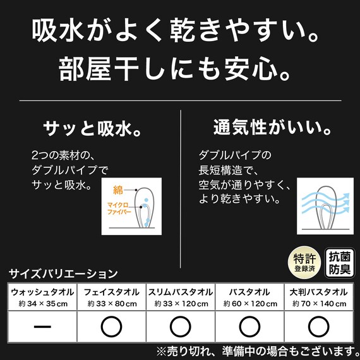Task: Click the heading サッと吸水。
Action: pos(91,129)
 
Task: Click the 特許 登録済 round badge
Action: pos(302,261)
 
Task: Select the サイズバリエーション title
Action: pos(63,273)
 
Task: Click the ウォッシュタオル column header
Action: pos(42,292)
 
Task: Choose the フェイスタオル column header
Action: pos(112,292)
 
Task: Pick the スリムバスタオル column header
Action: pos(181,292)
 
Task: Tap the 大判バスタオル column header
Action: pos(318,292)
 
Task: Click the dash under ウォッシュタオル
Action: pos(42,326)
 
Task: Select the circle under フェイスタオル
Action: pos(112,326)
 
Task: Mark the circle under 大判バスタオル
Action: pos(318,326)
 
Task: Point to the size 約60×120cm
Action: pos(250,304)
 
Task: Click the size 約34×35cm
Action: pos(42,304)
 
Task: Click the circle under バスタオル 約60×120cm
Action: pos(250,326)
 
